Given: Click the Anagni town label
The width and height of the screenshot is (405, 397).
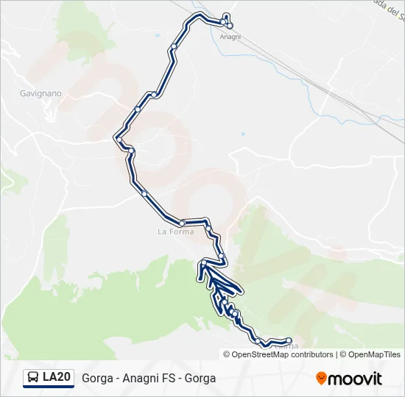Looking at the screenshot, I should tap(230, 37).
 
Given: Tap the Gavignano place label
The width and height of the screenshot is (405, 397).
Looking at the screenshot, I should tap(41, 94).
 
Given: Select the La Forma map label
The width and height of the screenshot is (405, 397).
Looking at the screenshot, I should tap(176, 232).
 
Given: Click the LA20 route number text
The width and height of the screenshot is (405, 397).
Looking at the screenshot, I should tap(57, 378).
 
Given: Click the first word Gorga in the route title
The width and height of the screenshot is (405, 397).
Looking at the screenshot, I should tap(97, 379).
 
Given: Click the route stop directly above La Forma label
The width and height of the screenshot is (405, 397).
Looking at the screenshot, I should tap(182, 223).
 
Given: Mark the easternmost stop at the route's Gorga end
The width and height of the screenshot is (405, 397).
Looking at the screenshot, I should tap(289, 340).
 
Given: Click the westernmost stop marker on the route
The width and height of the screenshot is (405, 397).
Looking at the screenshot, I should tap(118, 138).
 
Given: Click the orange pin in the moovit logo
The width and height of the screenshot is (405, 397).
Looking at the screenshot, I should tap(321, 379).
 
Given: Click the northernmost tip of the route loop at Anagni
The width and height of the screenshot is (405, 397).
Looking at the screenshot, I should tap(226, 15).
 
